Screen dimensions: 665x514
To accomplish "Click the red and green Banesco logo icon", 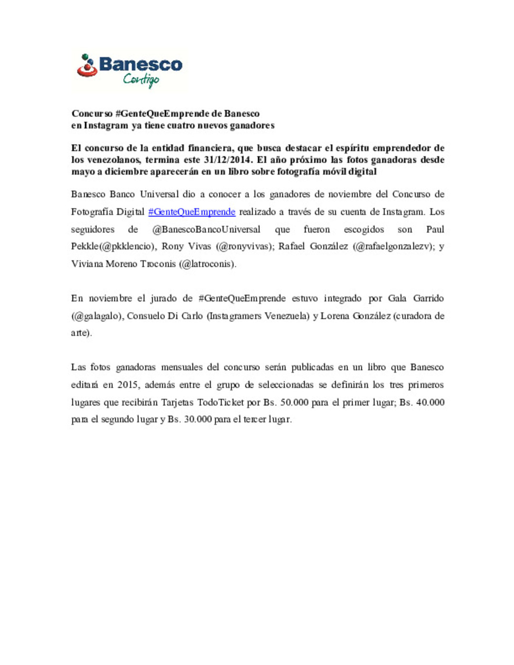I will pyautogui.click(x=87, y=66).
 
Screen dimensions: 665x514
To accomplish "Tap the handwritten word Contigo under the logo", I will pyautogui.click(x=141, y=79).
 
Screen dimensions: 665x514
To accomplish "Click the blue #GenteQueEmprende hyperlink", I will pyautogui.click(x=192, y=212).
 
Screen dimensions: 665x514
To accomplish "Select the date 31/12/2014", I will pyautogui.click(x=227, y=160).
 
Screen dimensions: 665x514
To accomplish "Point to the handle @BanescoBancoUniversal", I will pyautogui.click(x=206, y=229).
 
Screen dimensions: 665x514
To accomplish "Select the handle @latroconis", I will pyautogui.click(x=207, y=264).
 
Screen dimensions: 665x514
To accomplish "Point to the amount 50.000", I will pyautogui.click(x=294, y=402).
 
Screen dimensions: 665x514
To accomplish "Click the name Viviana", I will pyautogui.click(x=87, y=264).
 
